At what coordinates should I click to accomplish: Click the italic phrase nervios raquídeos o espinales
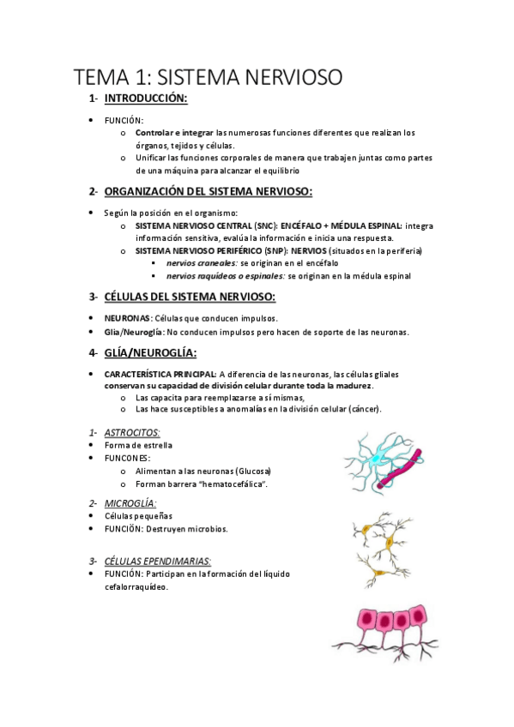click(x=225, y=276)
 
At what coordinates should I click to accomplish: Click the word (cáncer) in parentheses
click(x=365, y=409)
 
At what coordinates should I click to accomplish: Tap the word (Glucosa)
click(x=247, y=471)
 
